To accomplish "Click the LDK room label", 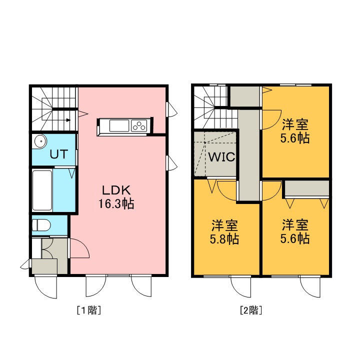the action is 116,190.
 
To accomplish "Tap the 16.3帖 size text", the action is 116,203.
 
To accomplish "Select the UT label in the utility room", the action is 59,154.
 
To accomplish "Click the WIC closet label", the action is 221,157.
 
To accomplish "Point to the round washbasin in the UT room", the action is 40,141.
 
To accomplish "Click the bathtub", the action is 42,190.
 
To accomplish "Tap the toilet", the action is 41,225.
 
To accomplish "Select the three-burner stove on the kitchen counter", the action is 139,126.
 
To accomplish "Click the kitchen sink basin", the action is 119,126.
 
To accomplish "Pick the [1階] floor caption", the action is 89,310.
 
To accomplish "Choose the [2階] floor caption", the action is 251,310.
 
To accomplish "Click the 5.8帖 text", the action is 224,239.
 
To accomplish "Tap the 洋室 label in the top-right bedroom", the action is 295,124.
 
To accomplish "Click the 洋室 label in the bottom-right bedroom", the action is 295,225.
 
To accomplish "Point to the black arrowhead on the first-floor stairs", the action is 68,120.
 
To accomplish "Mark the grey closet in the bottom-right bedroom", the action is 307,188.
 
